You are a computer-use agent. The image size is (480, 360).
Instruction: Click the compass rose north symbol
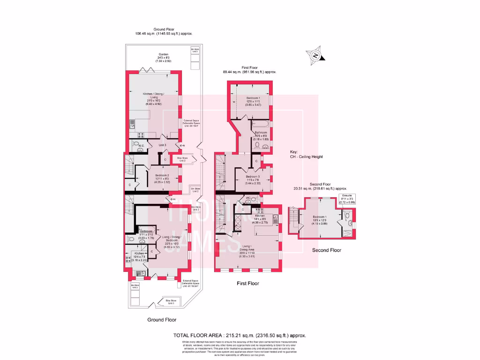coord(316,56)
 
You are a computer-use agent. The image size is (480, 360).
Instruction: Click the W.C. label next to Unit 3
coord(141,146)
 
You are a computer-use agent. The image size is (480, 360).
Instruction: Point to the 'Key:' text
coord(294,152)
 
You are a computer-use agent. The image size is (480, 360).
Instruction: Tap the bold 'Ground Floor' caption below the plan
coord(162,320)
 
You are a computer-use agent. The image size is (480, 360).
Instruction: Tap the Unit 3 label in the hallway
coord(162,145)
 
